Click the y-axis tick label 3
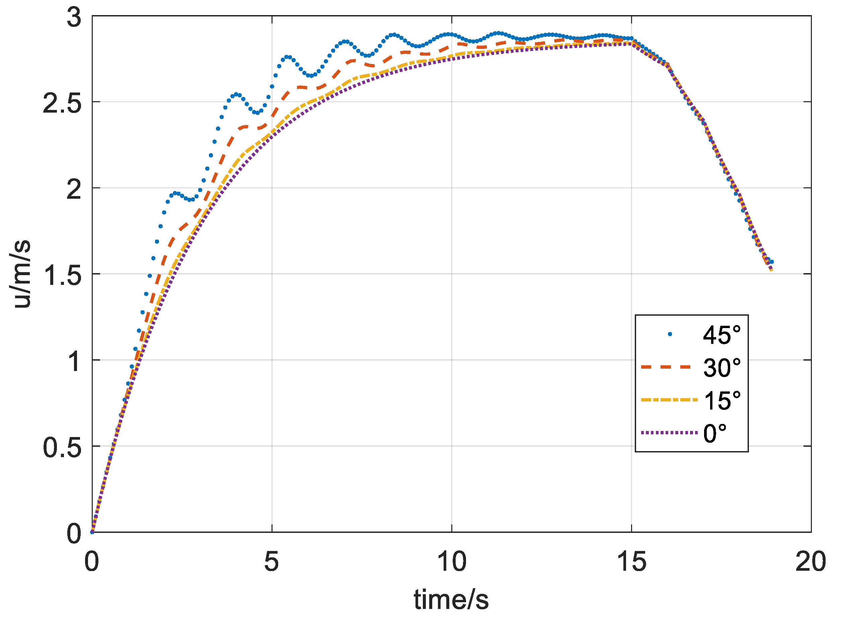tap(74, 17)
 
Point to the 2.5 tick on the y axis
tap(62, 104)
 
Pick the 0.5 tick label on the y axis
tap(62, 448)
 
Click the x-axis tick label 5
tap(272, 562)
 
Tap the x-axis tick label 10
tap(452, 562)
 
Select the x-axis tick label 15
tap(632, 562)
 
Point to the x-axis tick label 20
tap(811, 562)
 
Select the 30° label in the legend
tap(722, 368)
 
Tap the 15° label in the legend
tap(722, 400)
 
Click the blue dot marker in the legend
tap(670, 334)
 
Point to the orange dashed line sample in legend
tap(666, 367)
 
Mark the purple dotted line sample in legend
tap(669, 433)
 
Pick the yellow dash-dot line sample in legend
tap(669, 400)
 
